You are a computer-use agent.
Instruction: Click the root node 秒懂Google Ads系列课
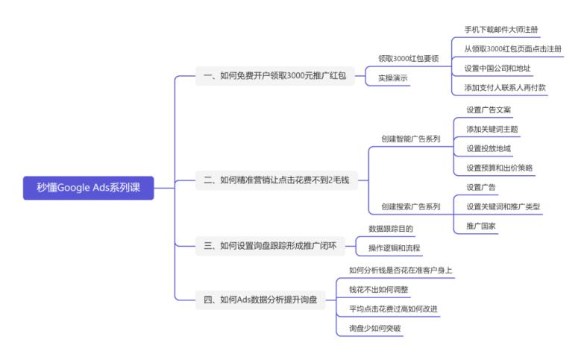pos(89,189)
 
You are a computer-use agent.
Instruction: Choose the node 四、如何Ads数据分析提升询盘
pos(260,300)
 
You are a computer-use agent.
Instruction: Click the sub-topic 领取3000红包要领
pos(407,58)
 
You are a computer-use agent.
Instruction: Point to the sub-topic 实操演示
pos(392,78)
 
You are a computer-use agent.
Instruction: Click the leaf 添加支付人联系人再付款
pos(505,87)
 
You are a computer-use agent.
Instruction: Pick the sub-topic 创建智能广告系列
pos(410,139)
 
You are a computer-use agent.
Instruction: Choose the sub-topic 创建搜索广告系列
pos(410,206)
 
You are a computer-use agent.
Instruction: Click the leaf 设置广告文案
pos(489,110)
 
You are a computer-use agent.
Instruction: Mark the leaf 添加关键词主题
pos(492,129)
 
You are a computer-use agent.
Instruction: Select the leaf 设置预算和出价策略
pos(499,167)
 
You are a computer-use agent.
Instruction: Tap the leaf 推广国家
pos(481,225)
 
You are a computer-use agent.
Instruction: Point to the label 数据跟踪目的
pos(390,228)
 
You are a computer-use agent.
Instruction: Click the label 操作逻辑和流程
pos(395,247)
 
